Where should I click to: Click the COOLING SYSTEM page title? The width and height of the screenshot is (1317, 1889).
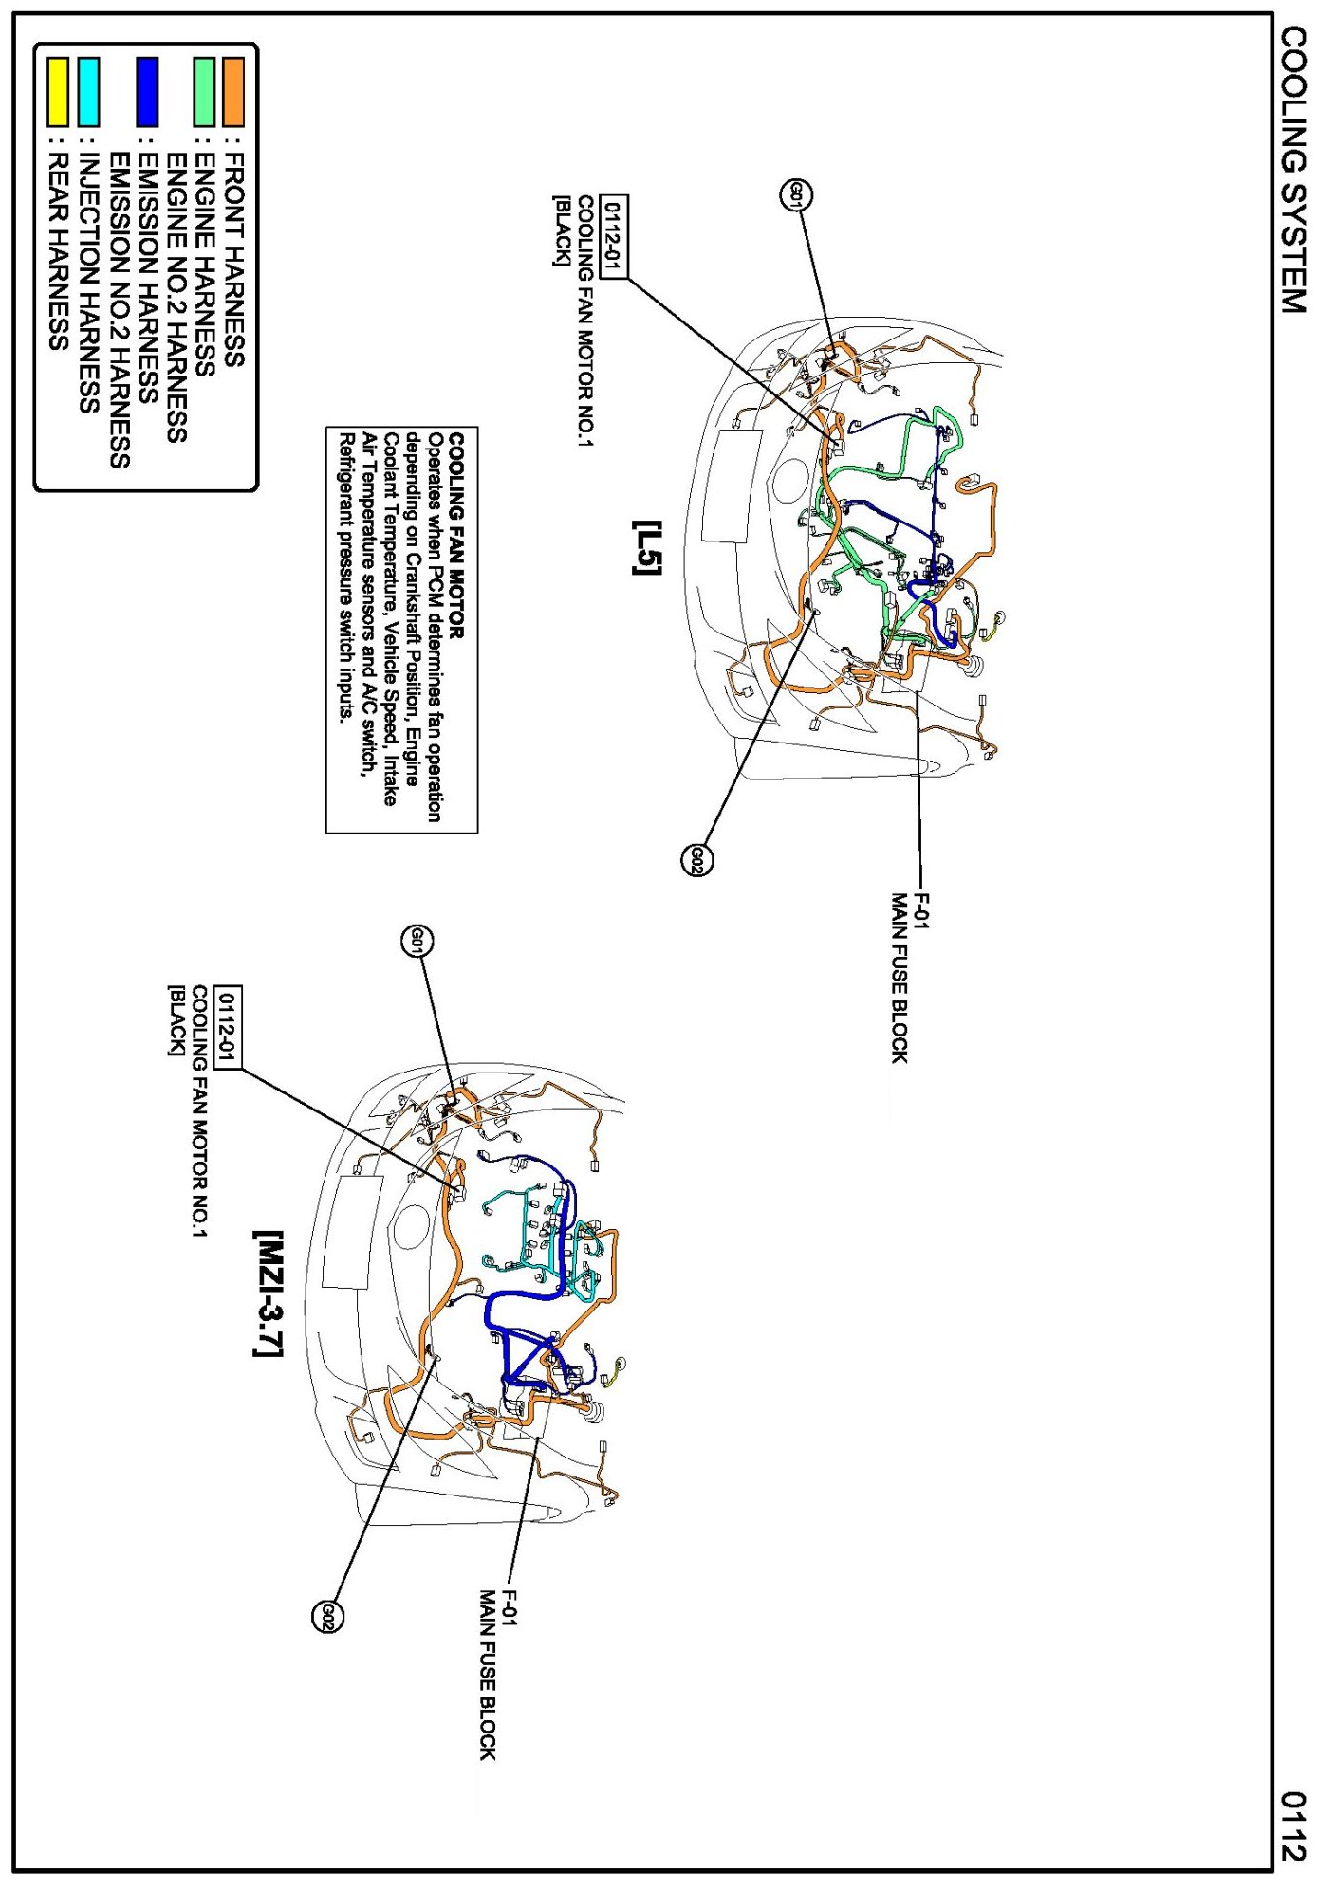point(1293,170)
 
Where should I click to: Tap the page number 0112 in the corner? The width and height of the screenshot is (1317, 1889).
point(1293,1825)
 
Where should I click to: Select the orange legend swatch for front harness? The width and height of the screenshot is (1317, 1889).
point(232,92)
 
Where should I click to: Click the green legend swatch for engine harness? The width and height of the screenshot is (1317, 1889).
point(204,92)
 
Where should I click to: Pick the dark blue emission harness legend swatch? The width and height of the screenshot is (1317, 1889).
point(147,92)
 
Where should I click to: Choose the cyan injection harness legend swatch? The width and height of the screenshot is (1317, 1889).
point(88,92)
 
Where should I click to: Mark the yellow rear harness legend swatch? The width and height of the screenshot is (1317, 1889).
point(58,92)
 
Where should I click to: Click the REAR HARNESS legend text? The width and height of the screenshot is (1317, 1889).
point(58,250)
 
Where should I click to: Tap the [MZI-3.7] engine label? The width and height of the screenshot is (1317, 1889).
point(269,1293)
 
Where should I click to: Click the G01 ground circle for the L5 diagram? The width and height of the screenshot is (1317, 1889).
point(796,195)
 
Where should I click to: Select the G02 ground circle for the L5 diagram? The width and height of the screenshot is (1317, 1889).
point(696,860)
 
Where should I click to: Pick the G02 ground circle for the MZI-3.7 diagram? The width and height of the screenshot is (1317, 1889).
point(327,1616)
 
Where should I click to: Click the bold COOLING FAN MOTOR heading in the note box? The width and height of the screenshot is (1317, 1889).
point(456,536)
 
